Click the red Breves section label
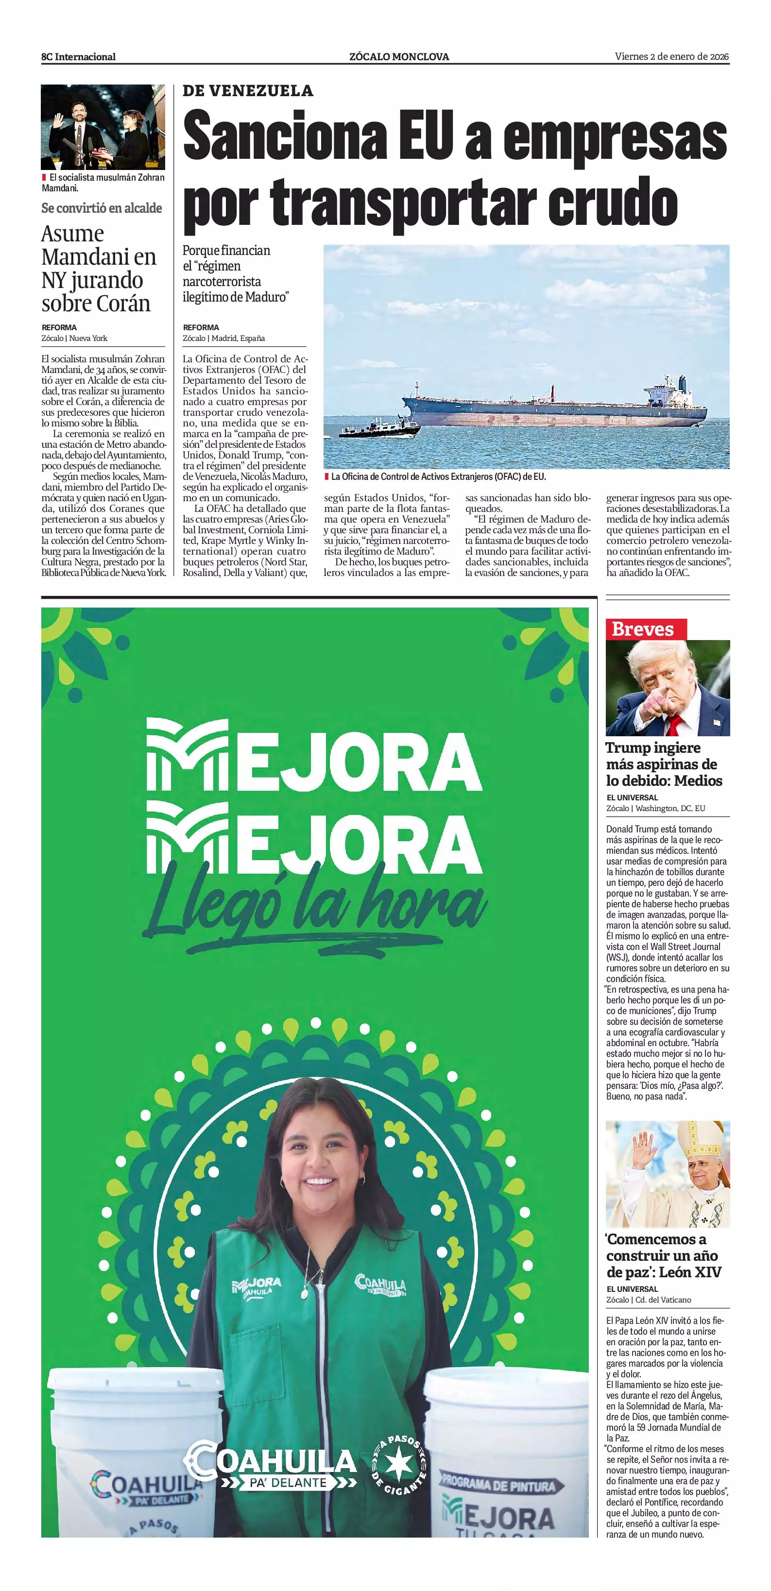[642, 629]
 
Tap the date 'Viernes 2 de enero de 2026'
[671, 56]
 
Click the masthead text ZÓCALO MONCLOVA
[399, 57]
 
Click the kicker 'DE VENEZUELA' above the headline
[248, 91]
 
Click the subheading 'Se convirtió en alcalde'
[102, 208]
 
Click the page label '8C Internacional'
[78, 57]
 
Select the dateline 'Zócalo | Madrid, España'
[223, 338]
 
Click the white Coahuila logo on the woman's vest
[379, 1284]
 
